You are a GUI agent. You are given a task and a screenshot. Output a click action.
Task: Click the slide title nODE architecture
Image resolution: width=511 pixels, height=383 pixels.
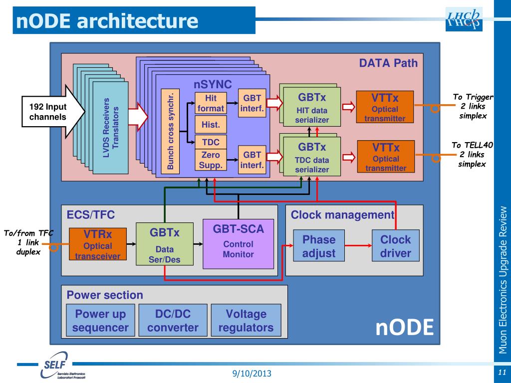[x=107, y=20]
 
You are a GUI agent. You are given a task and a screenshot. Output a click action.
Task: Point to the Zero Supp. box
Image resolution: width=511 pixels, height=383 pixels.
[x=211, y=160]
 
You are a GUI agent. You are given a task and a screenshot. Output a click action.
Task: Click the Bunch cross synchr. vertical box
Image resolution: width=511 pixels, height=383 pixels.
[x=171, y=131]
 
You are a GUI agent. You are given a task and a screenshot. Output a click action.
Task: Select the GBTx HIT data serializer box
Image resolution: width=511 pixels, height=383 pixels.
[x=312, y=107]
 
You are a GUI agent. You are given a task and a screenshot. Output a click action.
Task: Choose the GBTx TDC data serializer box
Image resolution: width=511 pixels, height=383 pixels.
[x=312, y=158]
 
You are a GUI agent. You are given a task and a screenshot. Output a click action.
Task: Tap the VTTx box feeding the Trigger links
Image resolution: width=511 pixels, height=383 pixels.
[x=385, y=107]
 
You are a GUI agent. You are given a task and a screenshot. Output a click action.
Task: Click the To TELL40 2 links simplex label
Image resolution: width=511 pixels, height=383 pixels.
[x=473, y=155]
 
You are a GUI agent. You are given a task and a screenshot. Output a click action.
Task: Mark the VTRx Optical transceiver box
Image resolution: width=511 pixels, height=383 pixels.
[x=98, y=244]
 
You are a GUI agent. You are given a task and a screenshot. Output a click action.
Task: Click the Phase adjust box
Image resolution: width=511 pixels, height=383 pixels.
[x=319, y=246]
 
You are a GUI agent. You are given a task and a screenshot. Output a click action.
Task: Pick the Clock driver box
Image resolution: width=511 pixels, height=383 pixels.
[x=395, y=246]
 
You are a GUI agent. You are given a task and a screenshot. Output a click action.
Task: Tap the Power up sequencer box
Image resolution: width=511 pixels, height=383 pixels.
[x=100, y=321]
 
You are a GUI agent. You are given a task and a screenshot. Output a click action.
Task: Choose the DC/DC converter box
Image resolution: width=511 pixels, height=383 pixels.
[x=173, y=321]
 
